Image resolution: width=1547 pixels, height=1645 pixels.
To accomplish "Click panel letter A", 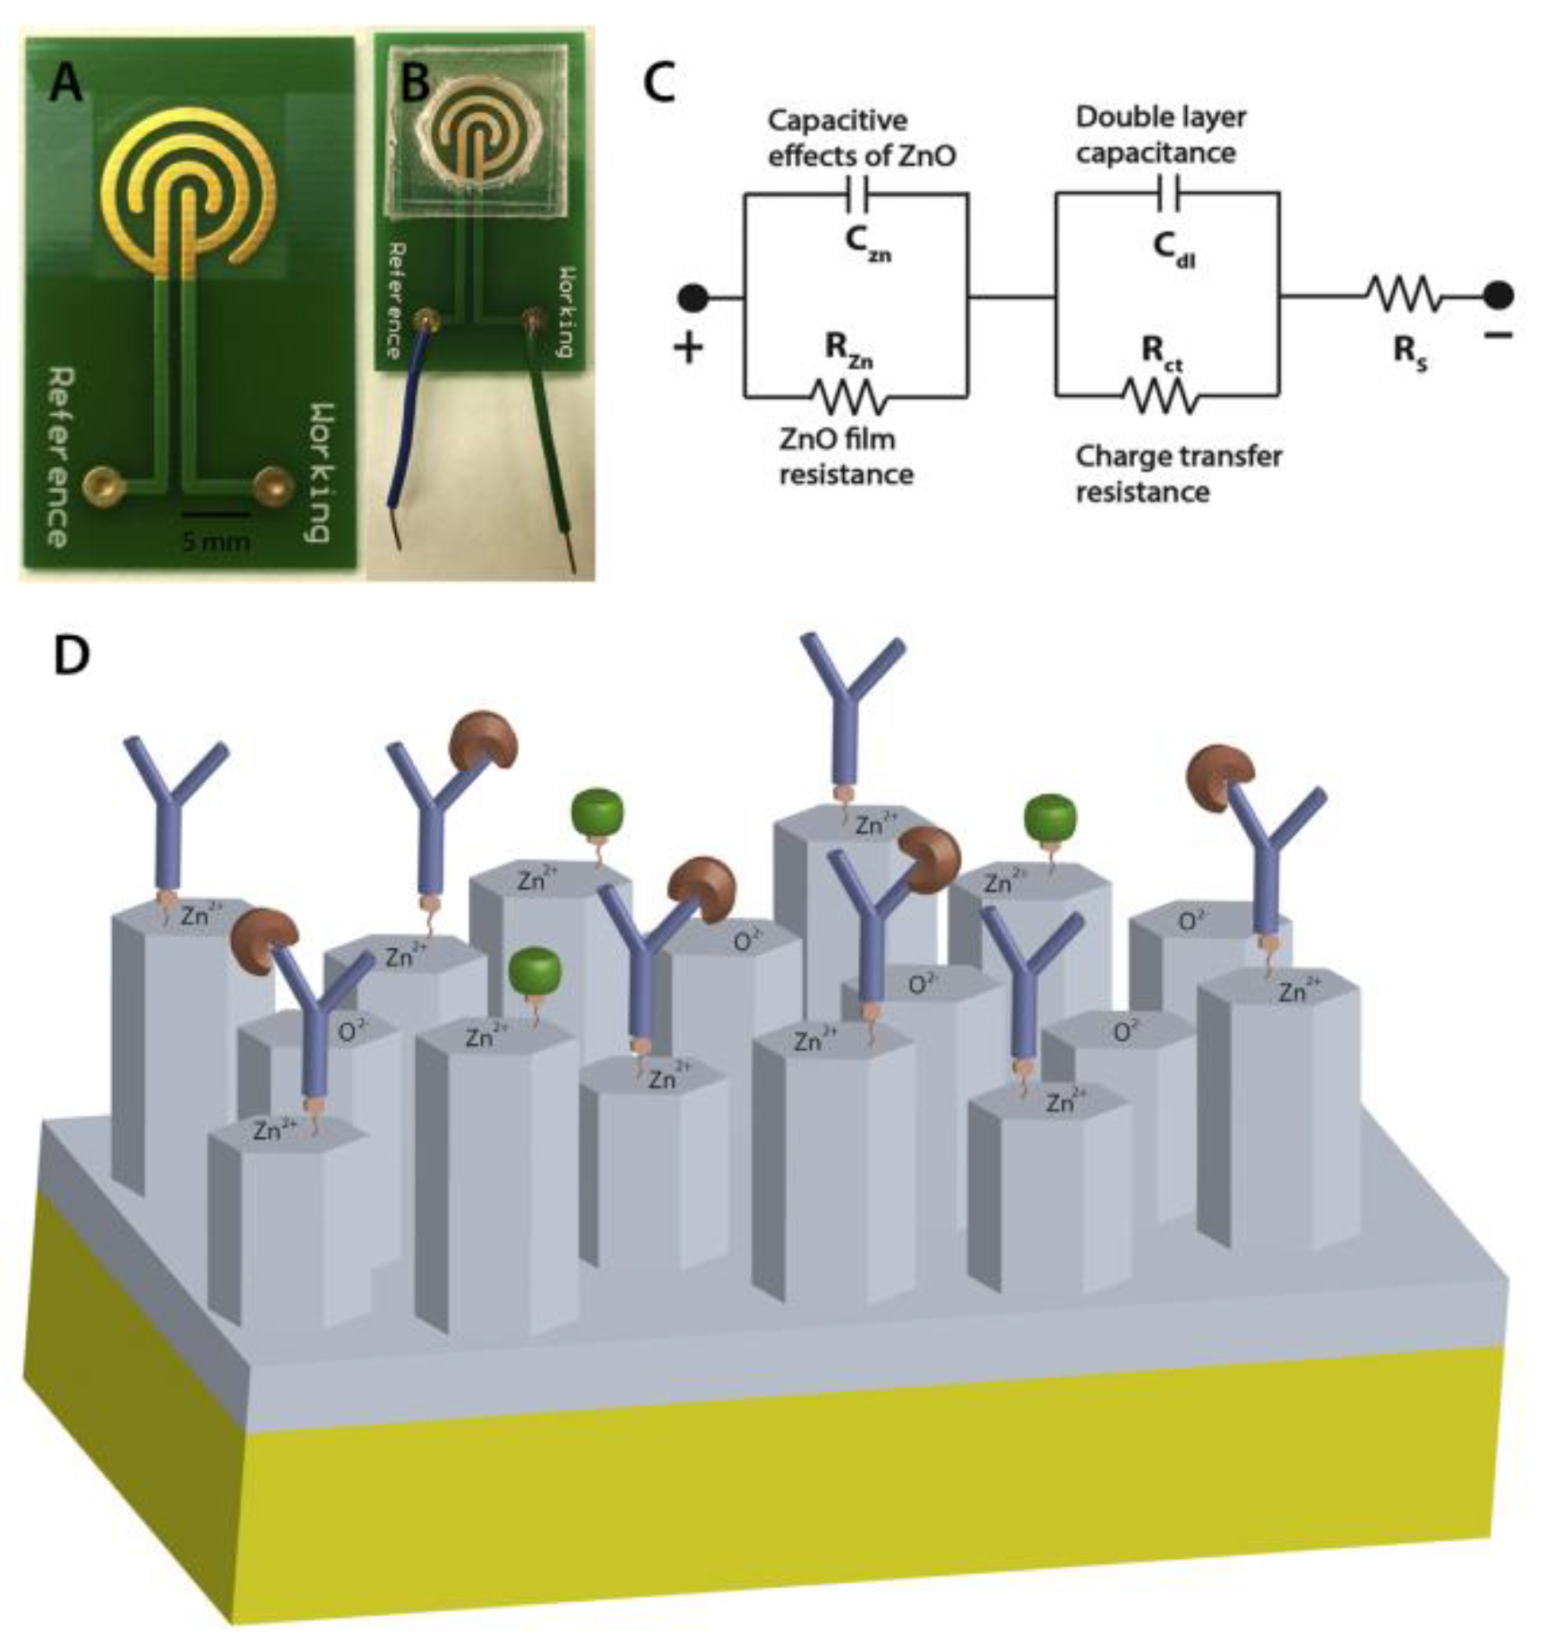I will coord(66,84).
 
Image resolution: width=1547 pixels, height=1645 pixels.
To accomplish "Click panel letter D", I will coord(72,656).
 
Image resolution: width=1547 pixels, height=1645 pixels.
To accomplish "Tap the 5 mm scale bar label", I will coord(216,542).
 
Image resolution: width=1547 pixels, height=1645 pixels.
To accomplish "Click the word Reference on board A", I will coord(57,456).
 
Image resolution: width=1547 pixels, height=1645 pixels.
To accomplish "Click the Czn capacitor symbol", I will coord(856,194).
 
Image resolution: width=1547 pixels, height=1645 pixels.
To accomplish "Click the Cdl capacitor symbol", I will coord(1167,193).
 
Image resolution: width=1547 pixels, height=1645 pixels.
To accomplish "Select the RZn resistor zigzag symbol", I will coord(847,396).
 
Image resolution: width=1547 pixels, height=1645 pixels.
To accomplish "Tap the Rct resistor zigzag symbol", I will coord(1160,395).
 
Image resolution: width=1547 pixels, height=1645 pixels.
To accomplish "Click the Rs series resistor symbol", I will coord(1403,295).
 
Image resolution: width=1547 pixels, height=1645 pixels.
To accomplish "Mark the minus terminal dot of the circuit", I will coord(1499,295).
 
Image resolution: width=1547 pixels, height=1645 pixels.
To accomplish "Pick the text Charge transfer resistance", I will coord(1177,474).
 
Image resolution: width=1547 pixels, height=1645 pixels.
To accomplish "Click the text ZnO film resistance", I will coord(846,456).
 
